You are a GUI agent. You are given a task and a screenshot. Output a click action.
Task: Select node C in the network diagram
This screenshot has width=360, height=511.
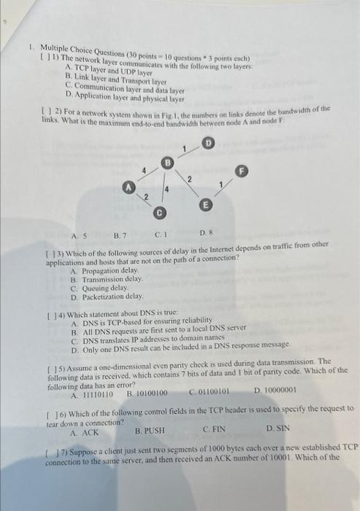159,213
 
